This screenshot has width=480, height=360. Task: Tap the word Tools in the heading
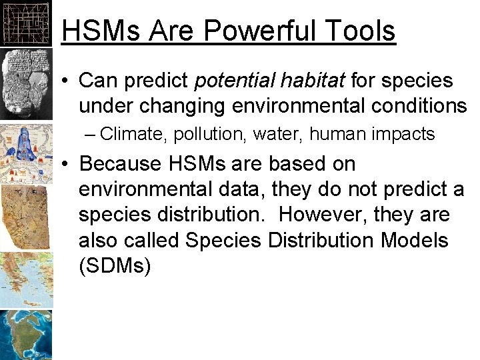pyautogui.click(x=363, y=31)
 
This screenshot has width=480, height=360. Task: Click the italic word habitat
pyautogui.click(x=312, y=81)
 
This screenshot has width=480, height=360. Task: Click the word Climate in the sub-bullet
pyautogui.click(x=133, y=135)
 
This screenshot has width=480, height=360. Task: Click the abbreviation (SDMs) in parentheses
pyautogui.click(x=115, y=267)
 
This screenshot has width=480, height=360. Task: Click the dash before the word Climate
pyautogui.click(x=91, y=135)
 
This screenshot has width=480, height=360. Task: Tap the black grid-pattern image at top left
pyautogui.click(x=25, y=23)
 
